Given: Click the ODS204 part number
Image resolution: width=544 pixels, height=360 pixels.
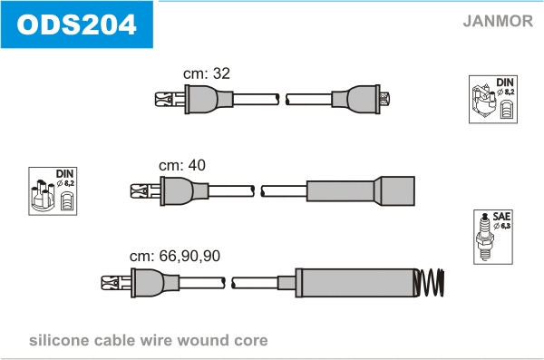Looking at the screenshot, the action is (76, 24).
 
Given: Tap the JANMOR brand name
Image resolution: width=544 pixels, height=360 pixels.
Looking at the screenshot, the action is (498, 21).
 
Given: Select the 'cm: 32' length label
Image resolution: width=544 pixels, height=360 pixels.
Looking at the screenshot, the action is (207, 73).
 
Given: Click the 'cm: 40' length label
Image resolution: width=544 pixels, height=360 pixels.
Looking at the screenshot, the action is (182, 165).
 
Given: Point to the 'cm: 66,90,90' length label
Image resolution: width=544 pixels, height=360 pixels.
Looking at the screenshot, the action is (175, 256).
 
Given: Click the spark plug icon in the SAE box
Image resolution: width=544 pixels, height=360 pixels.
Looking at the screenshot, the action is (485, 237).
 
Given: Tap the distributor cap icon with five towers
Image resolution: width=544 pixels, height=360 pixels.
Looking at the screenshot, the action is (43, 195).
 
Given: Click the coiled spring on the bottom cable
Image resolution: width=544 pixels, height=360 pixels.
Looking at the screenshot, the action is (430, 283).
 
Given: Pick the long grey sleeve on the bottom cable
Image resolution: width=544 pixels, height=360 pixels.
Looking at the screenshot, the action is (355, 283).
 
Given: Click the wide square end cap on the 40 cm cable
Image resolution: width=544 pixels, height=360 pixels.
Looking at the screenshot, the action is (397, 191).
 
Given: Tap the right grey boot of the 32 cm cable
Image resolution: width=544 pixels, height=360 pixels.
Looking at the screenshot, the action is (356, 99).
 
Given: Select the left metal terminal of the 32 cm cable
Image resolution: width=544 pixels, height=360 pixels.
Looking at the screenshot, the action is (170, 99).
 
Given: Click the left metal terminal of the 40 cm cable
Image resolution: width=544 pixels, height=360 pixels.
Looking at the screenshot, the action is (145, 191).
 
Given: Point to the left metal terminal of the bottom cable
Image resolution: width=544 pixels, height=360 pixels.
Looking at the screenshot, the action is (116, 283).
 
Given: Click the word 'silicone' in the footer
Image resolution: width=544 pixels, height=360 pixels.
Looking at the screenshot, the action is (59, 340).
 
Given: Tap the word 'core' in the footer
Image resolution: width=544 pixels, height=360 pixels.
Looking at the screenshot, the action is (251, 341).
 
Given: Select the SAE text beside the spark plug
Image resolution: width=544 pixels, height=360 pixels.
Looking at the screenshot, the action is (501, 217).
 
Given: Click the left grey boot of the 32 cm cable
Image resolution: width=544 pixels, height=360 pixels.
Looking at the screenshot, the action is (209, 99).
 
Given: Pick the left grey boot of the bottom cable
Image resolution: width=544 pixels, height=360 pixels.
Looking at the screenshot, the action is (155, 283).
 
